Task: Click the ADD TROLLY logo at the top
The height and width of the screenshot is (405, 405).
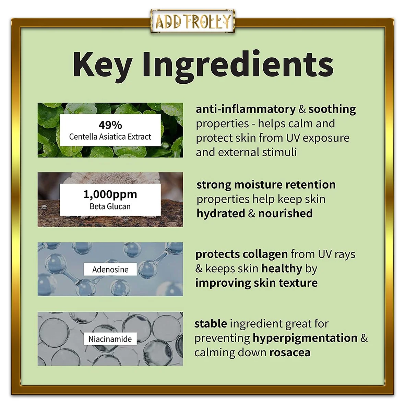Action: (193, 21)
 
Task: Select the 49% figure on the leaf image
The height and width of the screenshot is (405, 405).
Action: (110, 125)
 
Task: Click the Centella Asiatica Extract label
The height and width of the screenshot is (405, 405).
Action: (110, 136)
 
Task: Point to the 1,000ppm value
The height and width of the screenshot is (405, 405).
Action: (110, 194)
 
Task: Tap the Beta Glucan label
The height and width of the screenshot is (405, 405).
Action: (110, 206)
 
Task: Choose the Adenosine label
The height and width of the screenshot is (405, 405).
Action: (110, 270)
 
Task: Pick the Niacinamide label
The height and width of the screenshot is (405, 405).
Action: (110, 339)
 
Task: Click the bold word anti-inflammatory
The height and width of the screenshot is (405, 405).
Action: (246, 109)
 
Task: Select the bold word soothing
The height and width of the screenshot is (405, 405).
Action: (332, 109)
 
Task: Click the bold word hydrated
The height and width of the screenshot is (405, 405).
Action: (221, 214)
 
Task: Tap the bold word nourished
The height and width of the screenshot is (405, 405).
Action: (285, 213)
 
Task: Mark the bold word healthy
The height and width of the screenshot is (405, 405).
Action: (282, 269)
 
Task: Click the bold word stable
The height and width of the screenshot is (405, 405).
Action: (211, 324)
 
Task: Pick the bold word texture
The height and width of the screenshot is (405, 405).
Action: (298, 283)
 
